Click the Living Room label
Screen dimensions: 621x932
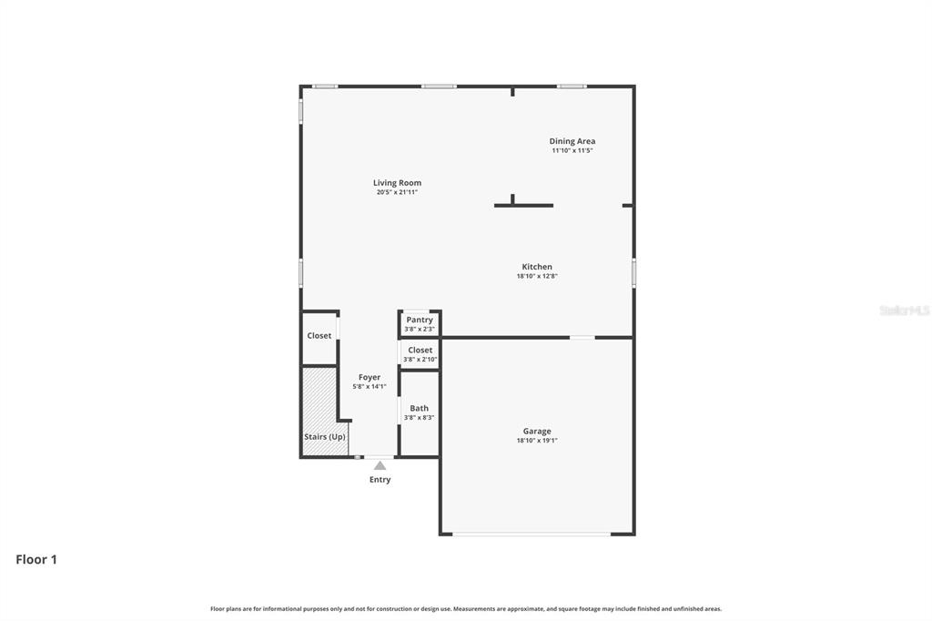pyautogui.click(x=397, y=183)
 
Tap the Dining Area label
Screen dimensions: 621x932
pyautogui.click(x=572, y=141)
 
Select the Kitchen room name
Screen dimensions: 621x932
pyautogui.click(x=537, y=267)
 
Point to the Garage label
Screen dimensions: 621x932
pyautogui.click(x=537, y=432)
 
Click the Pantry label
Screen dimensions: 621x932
pyautogui.click(x=420, y=320)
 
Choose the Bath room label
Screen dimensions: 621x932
pyautogui.click(x=419, y=409)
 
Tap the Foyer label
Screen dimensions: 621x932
pyautogui.click(x=370, y=377)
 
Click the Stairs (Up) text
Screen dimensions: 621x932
pyautogui.click(x=325, y=437)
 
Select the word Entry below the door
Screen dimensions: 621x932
pyautogui.click(x=380, y=480)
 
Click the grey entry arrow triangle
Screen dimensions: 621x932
pyautogui.click(x=380, y=465)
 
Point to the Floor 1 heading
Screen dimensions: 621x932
pyautogui.click(x=36, y=560)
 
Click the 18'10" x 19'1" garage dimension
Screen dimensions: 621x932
pyautogui.click(x=537, y=441)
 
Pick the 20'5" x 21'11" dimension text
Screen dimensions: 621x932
pyautogui.click(x=397, y=192)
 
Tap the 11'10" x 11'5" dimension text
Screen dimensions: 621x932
pyautogui.click(x=572, y=150)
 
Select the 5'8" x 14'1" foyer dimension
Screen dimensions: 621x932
pyautogui.click(x=370, y=386)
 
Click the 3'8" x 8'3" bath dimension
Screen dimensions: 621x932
pyautogui.click(x=419, y=418)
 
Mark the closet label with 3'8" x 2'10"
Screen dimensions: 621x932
pyautogui.click(x=420, y=350)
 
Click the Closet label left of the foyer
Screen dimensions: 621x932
pyautogui.click(x=319, y=336)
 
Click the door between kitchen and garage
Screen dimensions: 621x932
pyautogui.click(x=582, y=338)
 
